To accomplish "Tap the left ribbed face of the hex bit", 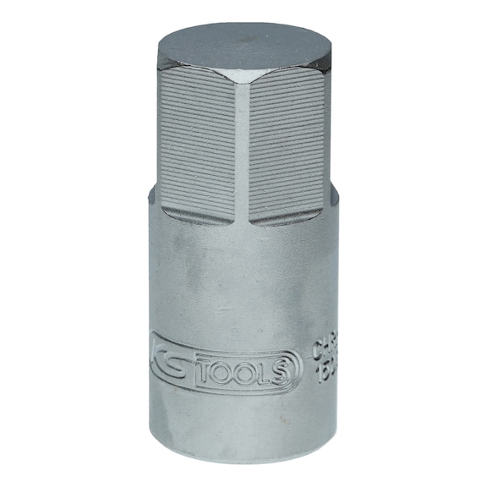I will click(195, 144).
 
